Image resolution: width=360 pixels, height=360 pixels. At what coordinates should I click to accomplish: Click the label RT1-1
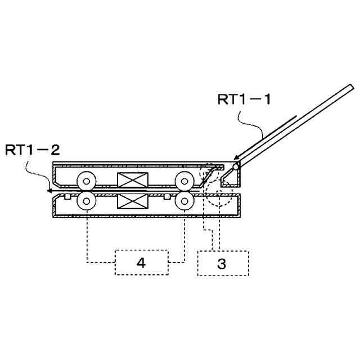244,100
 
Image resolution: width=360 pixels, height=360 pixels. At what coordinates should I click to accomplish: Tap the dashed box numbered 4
141,262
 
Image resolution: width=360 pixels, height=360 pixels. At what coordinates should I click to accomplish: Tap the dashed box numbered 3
223,263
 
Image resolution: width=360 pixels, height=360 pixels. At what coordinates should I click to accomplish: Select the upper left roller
87,181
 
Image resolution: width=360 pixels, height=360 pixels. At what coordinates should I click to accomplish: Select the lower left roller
87,200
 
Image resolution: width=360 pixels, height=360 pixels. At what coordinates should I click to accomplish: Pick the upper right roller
184,181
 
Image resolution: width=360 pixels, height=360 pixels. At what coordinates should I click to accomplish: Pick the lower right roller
184,200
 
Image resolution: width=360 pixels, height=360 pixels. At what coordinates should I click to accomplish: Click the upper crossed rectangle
131,181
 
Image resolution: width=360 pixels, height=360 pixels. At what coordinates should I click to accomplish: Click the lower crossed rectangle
131,201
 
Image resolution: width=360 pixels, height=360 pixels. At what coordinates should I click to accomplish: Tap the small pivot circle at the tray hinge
236,166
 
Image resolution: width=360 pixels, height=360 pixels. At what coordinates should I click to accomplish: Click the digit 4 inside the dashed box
141,263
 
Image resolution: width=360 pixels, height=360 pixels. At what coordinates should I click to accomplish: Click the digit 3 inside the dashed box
222,263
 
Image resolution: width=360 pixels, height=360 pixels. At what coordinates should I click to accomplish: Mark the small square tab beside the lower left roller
67,196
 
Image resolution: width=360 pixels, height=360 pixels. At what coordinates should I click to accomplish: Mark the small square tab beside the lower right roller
167,196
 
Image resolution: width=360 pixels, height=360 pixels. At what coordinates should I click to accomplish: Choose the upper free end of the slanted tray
350,87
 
